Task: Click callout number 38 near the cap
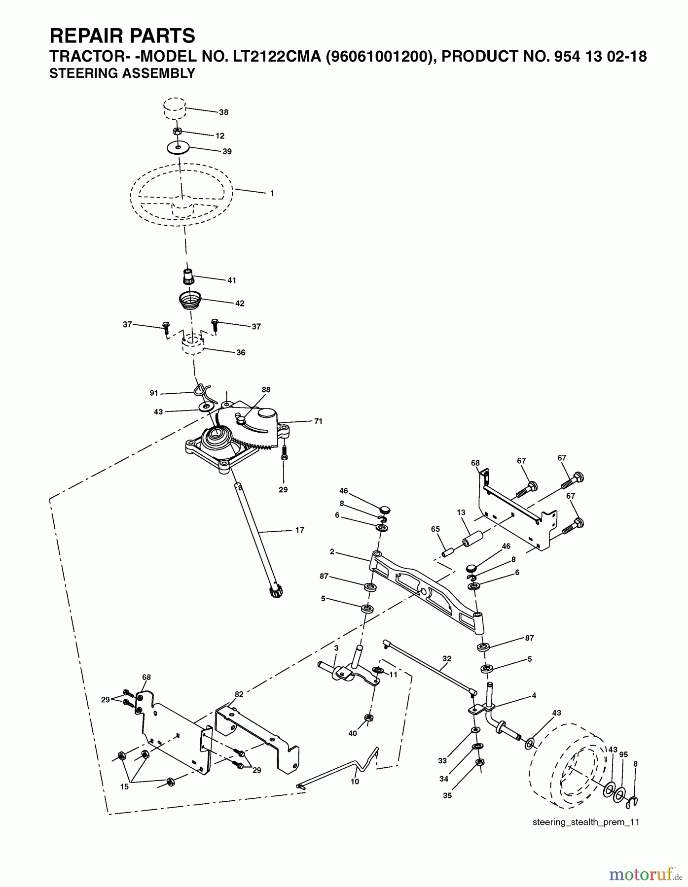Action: click(223, 112)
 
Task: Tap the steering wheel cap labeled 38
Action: click(175, 109)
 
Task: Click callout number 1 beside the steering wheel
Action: click(272, 194)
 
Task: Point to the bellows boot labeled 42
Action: click(190, 300)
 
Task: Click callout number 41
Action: click(231, 280)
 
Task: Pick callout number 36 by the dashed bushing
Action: click(241, 353)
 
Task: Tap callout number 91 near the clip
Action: click(154, 393)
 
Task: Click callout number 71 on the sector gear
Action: click(318, 421)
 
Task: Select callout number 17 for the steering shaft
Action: click(300, 530)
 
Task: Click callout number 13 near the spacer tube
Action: click(461, 512)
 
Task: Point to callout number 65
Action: click(435, 529)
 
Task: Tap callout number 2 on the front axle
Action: click(332, 552)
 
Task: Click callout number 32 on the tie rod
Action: click(447, 658)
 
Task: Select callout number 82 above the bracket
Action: click(239, 694)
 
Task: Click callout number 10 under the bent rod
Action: click(355, 782)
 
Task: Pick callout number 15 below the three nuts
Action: click(124, 787)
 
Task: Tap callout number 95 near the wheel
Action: click(623, 755)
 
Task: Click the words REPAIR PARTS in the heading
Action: click(122, 36)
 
